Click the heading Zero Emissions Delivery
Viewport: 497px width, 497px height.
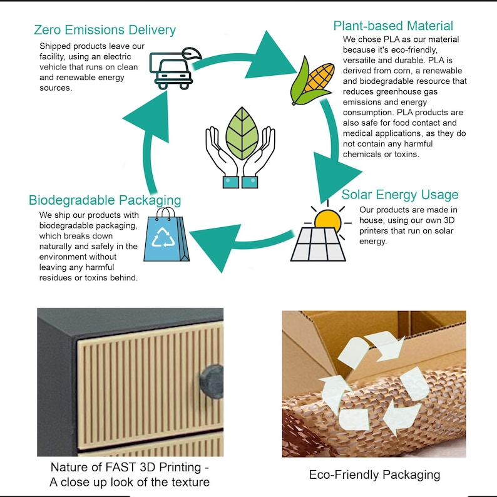[x=105, y=30]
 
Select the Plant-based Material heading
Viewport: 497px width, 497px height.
[x=393, y=26]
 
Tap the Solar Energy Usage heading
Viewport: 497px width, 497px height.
[x=399, y=195]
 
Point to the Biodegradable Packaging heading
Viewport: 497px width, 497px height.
[x=105, y=200]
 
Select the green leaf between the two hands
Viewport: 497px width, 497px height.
[x=242, y=133]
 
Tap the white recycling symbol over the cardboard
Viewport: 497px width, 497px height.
[x=374, y=383]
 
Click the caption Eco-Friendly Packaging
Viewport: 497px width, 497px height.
[x=374, y=474]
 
